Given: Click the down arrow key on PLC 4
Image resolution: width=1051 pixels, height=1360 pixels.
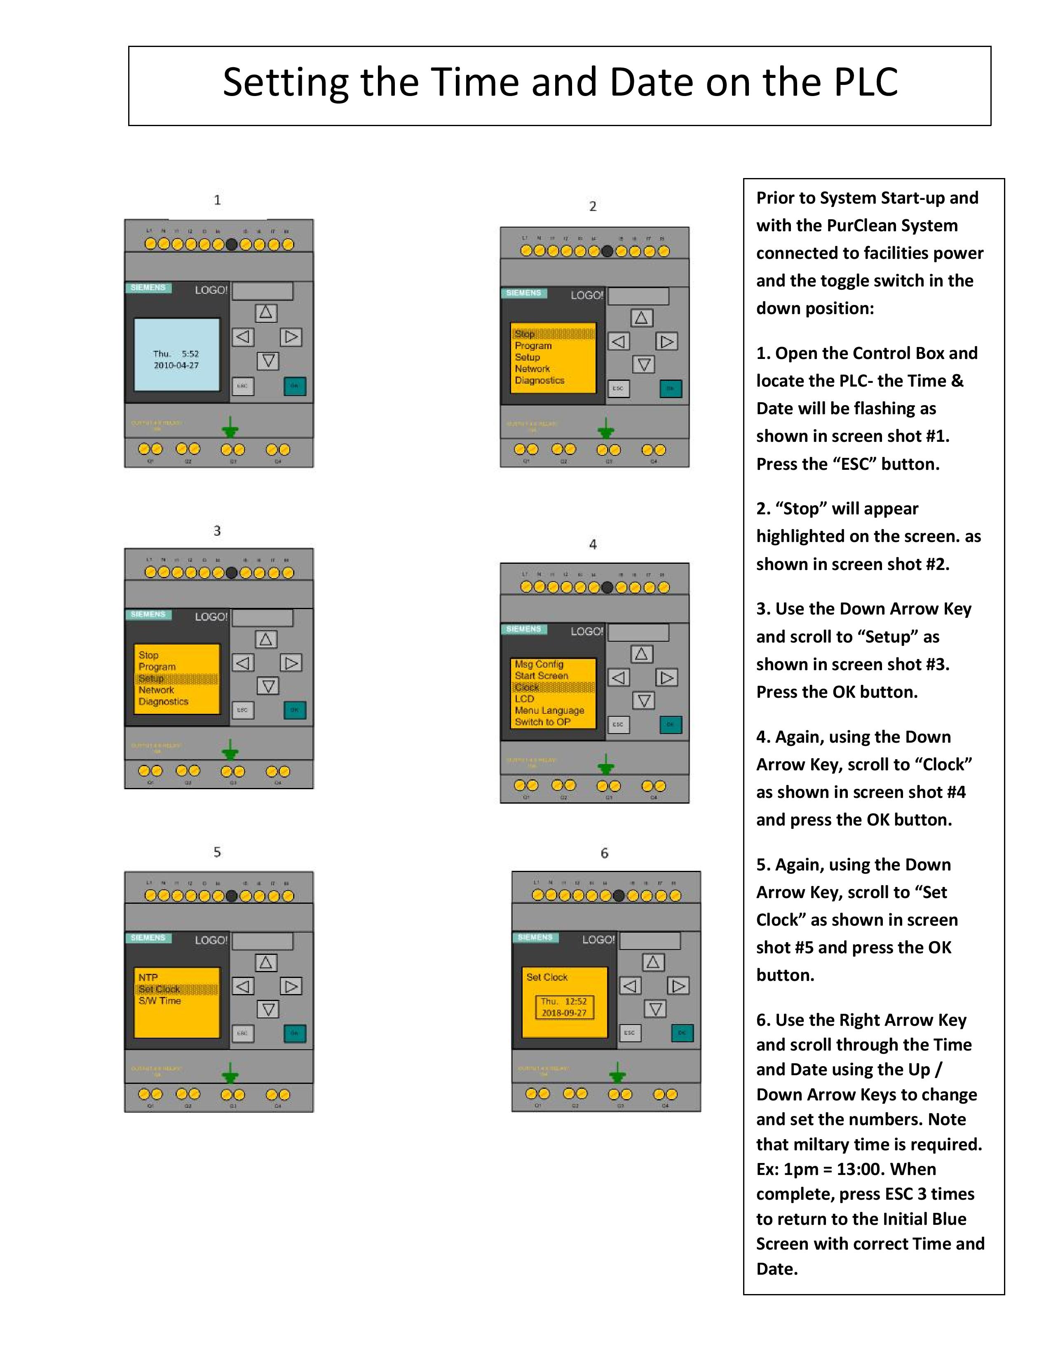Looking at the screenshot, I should click(643, 701).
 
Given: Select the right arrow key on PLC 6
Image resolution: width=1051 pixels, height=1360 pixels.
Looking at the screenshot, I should click(678, 986).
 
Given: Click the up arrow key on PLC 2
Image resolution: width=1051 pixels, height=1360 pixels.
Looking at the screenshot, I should click(641, 318).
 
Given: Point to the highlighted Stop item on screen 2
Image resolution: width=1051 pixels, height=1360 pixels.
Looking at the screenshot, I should click(524, 334).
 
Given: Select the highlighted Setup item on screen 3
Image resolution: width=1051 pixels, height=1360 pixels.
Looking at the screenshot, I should click(151, 678).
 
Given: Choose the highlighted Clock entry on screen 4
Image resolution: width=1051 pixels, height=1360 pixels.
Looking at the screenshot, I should click(527, 687).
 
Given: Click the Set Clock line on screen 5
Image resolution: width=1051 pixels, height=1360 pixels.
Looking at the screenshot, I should click(160, 989).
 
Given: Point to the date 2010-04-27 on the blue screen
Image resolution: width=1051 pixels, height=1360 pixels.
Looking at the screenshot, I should click(176, 366).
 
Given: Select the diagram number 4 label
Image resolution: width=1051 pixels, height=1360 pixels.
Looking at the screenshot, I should click(593, 544).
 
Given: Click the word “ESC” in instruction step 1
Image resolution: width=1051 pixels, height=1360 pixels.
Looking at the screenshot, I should click(854, 464).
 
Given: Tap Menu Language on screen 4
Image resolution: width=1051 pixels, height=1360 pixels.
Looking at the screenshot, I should click(549, 710).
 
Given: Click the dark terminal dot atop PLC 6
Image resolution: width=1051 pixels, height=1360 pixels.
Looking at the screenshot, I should click(618, 896).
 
